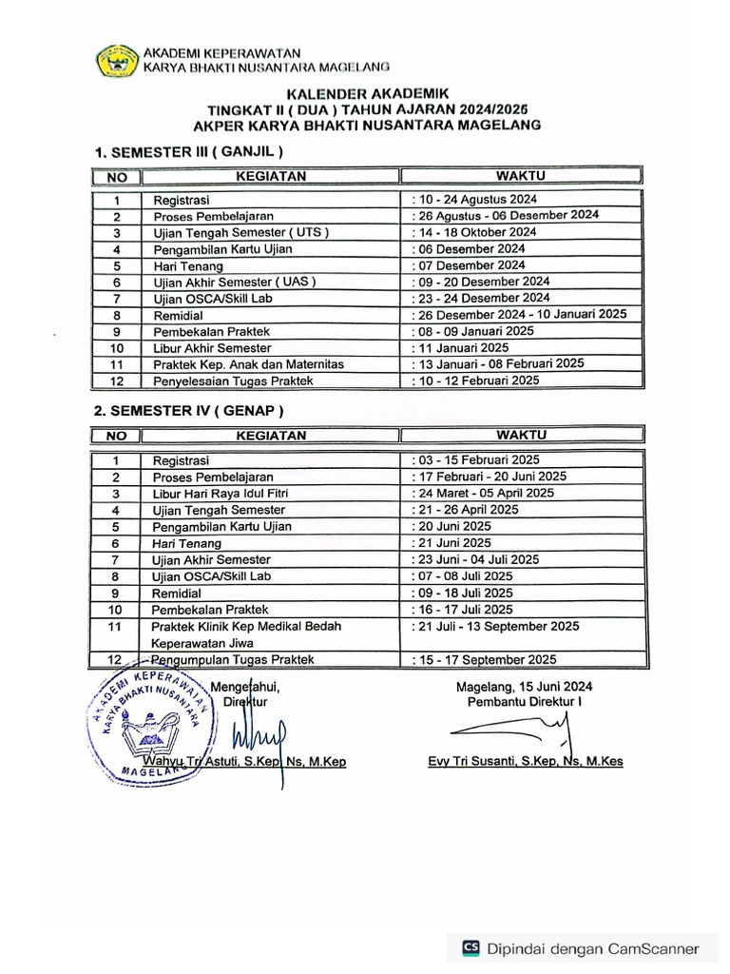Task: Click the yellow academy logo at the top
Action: (118, 60)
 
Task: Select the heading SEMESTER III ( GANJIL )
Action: (189, 151)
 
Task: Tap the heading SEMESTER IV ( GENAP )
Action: (188, 411)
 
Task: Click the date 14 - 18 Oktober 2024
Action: (473, 232)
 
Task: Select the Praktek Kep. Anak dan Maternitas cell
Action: (247, 364)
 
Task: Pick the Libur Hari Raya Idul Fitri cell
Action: (220, 494)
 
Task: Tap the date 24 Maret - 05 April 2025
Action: (482, 494)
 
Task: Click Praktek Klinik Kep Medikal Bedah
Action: (245, 626)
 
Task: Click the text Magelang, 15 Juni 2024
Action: (524, 687)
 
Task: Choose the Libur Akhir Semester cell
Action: (212, 348)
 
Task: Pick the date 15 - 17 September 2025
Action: (485, 659)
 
